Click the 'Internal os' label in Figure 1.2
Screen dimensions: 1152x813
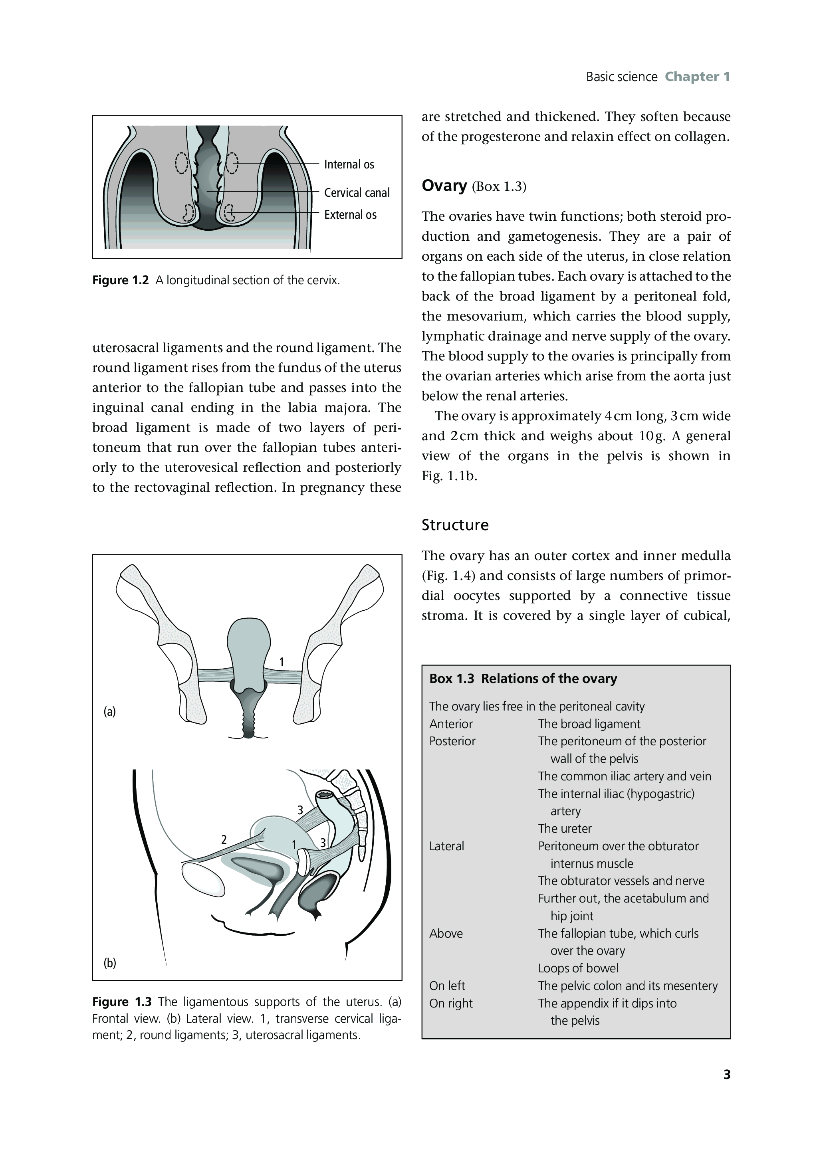click(x=349, y=164)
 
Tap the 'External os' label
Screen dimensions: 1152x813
click(x=350, y=215)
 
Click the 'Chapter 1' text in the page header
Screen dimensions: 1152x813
click(x=697, y=77)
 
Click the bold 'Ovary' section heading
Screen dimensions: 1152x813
click(x=444, y=186)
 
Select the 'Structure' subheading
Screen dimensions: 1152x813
click(x=455, y=525)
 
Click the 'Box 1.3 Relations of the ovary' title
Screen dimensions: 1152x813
click(x=523, y=679)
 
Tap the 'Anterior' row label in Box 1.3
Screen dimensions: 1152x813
click(x=451, y=724)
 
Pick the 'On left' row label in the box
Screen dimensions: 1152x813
click(x=447, y=986)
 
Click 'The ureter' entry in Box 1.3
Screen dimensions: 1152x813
click(x=565, y=828)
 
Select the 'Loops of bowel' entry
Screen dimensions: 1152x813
click(x=578, y=968)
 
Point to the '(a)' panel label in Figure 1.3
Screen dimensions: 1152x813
click(x=109, y=711)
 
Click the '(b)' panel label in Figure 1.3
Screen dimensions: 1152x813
click(x=109, y=963)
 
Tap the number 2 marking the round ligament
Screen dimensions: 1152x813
click(x=224, y=839)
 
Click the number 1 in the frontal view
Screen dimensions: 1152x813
click(x=282, y=662)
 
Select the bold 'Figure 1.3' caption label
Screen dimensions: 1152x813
click(x=121, y=1002)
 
